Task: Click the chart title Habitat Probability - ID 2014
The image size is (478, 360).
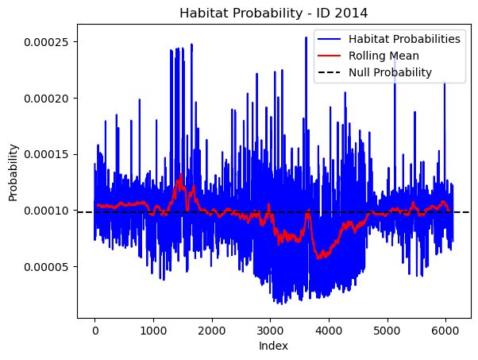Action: pyautogui.click(x=273, y=14)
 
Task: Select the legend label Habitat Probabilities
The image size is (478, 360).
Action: pyautogui.click(x=404, y=39)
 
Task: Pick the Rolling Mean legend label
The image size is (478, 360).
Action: pyautogui.click(x=384, y=56)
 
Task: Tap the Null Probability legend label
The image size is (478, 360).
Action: pyautogui.click(x=390, y=72)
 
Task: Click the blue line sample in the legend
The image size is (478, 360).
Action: pyautogui.click(x=330, y=39)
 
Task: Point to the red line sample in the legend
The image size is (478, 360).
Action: pyautogui.click(x=330, y=56)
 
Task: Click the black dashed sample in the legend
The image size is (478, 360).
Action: pyautogui.click(x=330, y=72)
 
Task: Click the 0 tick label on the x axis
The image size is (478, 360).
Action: pyautogui.click(x=94, y=331)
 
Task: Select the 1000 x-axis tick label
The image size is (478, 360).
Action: pyautogui.click(x=153, y=331)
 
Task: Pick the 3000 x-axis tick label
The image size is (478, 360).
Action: pyautogui.click(x=271, y=331)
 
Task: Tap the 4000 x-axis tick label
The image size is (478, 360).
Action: pyautogui.click(x=329, y=331)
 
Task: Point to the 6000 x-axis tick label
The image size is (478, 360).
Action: pyautogui.click(x=445, y=331)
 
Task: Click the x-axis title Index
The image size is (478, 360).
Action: pyautogui.click(x=273, y=346)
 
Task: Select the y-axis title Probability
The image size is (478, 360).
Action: pyautogui.click(x=13, y=173)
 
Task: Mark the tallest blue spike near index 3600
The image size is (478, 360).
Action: pyautogui.click(x=306, y=38)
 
